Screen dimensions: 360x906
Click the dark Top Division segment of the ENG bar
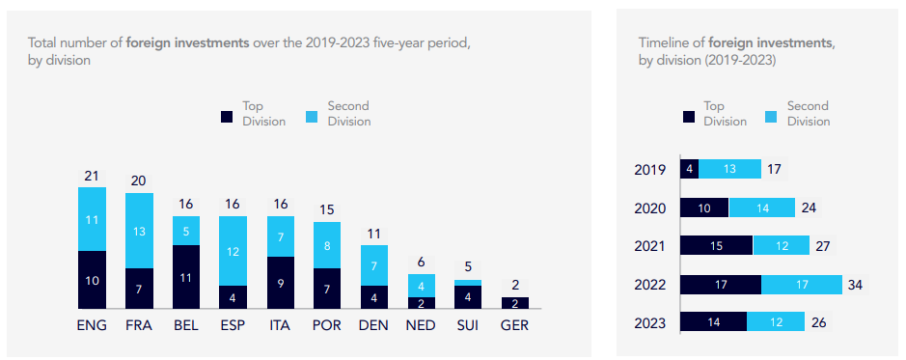coord(92,280)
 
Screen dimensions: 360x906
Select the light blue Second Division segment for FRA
coord(139,231)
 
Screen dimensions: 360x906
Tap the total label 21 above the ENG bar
coord(92,175)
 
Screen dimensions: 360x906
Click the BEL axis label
coord(186,325)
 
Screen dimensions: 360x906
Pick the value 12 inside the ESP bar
coord(233,251)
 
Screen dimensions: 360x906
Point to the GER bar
coord(516,303)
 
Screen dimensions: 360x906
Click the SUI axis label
coord(468,325)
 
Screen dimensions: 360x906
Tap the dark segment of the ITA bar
coord(281,283)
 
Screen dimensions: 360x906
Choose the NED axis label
coord(422,325)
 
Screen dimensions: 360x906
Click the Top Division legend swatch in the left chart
coord(227,116)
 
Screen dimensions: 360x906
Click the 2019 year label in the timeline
coord(650,170)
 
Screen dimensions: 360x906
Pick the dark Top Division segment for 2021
coord(716,246)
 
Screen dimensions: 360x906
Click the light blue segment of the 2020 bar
coord(761,208)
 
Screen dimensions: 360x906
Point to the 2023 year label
coord(650,323)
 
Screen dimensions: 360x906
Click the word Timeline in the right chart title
coord(664,43)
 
